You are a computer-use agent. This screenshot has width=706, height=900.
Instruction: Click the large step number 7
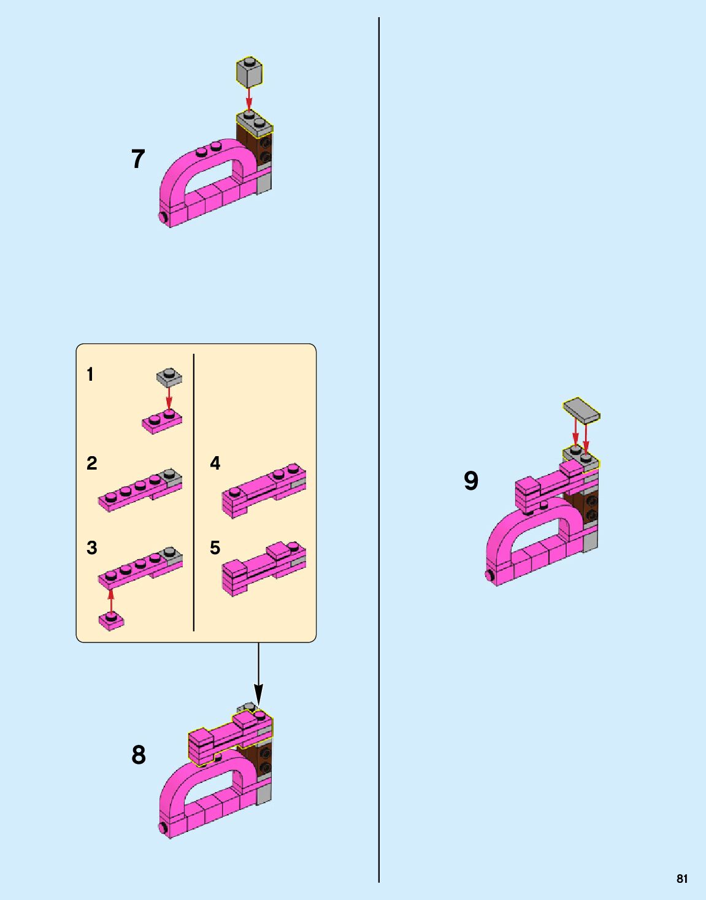pos(138,159)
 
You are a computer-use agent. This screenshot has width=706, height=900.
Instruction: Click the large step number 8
pos(139,755)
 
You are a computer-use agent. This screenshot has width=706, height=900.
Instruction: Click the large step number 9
pos(471,481)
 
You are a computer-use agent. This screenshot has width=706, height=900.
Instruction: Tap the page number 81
pos(682,879)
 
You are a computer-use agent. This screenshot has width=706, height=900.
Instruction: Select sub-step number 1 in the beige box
pos(90,375)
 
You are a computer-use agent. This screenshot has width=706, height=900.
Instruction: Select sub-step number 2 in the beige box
pos(91,463)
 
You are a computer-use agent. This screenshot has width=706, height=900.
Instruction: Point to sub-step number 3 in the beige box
pos(91,547)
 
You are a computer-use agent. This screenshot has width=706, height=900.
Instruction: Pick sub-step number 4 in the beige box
pos(215,463)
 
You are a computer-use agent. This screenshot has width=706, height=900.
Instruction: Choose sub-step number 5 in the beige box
pos(215,547)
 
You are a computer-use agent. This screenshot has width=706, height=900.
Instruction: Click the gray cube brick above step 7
pos(250,72)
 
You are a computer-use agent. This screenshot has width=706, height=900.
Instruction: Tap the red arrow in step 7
pos(248,99)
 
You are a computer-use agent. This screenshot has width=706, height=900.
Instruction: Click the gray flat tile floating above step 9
pos(581,411)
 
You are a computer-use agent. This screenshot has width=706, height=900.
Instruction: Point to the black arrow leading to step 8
pos(258,674)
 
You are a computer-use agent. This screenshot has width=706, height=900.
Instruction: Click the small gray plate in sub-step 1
pos(169,377)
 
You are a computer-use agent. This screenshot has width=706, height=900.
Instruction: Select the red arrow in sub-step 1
pos(169,399)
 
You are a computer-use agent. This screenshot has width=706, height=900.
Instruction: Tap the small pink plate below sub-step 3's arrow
pos(111,621)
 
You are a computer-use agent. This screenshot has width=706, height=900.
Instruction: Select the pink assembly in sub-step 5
pos(264,568)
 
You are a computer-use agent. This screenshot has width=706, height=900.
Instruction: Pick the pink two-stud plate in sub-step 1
pos(162,422)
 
